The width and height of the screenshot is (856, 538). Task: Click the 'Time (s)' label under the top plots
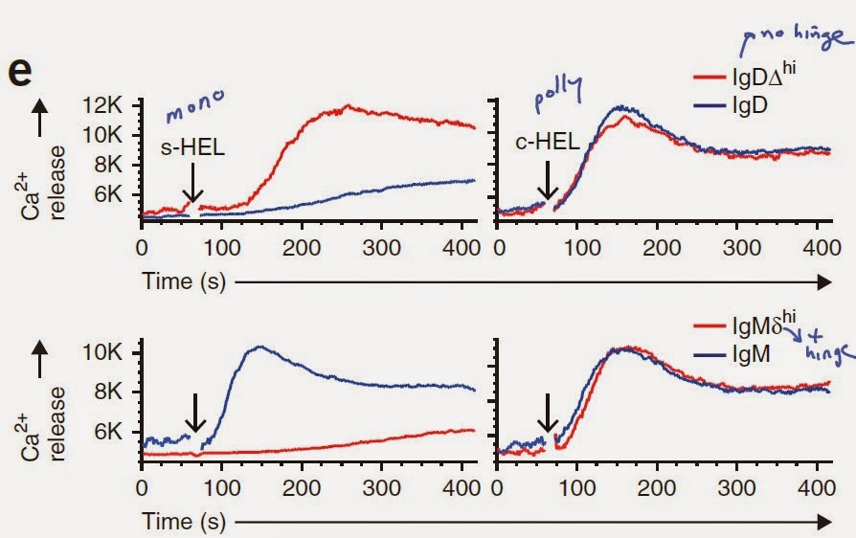(x=182, y=282)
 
